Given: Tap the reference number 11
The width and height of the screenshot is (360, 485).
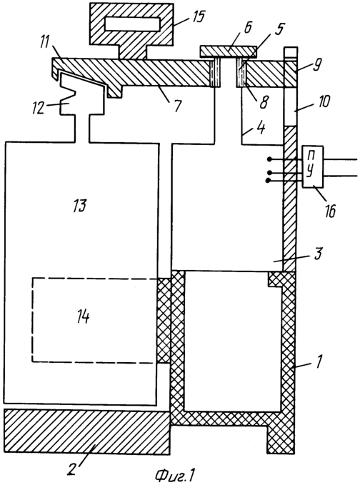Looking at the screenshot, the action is (44, 44).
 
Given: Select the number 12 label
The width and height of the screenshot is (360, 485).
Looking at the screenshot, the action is (39, 109).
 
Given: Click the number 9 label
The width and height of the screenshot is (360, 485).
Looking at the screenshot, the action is (318, 66).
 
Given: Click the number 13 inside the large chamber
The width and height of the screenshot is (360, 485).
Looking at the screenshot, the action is (79, 206).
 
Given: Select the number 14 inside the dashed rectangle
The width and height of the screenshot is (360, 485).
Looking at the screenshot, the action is (83, 317).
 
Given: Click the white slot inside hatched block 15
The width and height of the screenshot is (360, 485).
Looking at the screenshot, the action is (132, 24).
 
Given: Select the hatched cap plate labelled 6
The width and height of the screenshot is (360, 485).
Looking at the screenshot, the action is (229, 51).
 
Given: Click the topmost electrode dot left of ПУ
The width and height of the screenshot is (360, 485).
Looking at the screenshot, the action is (270, 159).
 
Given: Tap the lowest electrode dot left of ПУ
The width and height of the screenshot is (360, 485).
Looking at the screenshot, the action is (268, 180).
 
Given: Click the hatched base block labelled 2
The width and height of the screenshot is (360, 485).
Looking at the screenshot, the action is (87, 431).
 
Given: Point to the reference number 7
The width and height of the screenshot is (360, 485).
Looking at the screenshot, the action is (176, 106).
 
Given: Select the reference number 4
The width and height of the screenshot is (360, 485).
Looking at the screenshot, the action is (260, 127).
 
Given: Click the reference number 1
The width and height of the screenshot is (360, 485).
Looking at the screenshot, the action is (320, 361).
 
